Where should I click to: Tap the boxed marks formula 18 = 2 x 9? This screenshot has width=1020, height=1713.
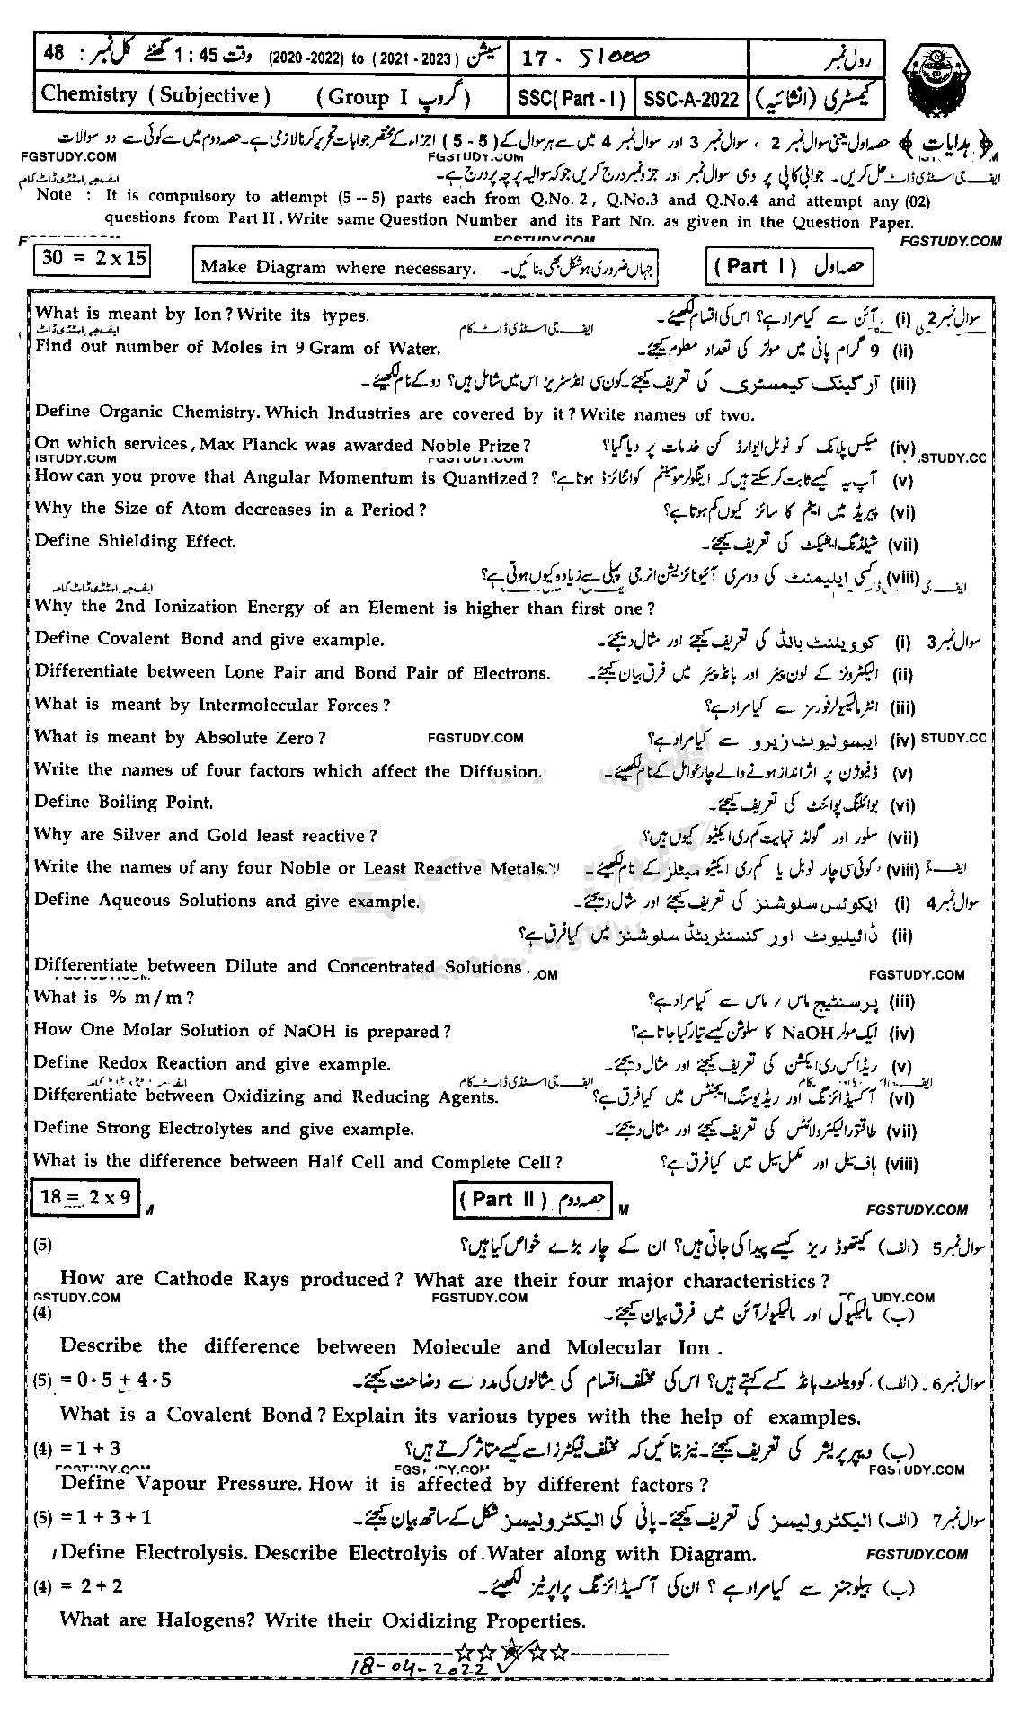click(85, 1197)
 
